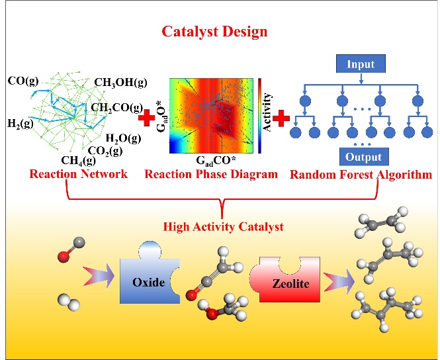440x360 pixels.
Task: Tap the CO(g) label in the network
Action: click(23, 81)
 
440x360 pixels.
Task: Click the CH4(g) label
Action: click(79, 159)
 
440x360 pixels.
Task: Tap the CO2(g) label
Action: click(105, 150)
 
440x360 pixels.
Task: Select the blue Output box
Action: click(363, 157)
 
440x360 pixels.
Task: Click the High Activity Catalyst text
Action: click(224, 227)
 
